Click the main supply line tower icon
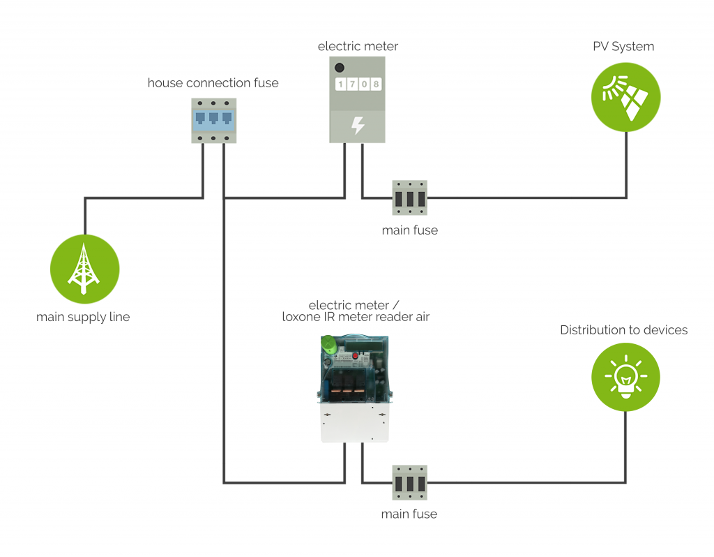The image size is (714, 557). tap(84, 269)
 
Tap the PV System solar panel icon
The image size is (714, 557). tap(625, 98)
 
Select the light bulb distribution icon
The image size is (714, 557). tap(625, 378)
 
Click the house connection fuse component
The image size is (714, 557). tap(213, 120)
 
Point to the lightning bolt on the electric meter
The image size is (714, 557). tap(357, 126)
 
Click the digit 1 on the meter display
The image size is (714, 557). tap(341, 85)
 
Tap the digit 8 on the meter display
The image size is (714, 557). tap(376, 85)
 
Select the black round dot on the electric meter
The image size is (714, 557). tap(340, 68)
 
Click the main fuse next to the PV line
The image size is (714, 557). tap(409, 198)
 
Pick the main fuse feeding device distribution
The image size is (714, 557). tap(409, 482)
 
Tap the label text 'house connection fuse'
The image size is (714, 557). tap(213, 83)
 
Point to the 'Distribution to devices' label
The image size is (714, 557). tap(623, 329)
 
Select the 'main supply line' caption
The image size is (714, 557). tap(83, 317)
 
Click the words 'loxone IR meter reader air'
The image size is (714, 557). tap(356, 318)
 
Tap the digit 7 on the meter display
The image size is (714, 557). tap(353, 85)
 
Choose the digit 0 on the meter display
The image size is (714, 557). tap(365, 85)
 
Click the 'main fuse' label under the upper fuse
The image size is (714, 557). tap(410, 230)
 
